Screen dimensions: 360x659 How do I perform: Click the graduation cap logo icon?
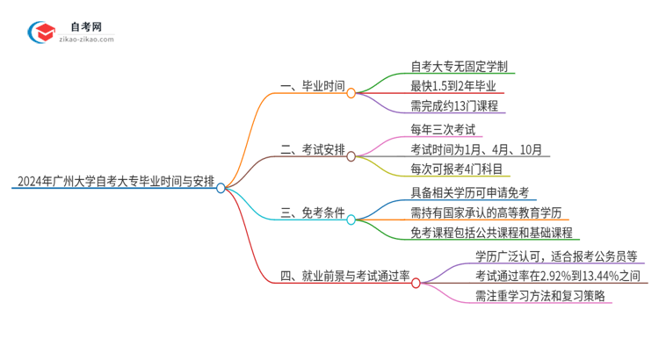click(41, 33)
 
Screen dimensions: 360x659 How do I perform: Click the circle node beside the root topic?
click(221, 187)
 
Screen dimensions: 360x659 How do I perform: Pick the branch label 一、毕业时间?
click(312, 87)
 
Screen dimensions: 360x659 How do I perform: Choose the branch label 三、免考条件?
click(312, 213)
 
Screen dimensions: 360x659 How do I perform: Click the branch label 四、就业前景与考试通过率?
click(344, 277)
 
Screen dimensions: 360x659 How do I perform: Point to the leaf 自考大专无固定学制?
click(458, 66)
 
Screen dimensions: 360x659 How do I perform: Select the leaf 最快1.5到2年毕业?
click(453, 86)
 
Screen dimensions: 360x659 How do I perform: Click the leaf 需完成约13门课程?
click(453, 106)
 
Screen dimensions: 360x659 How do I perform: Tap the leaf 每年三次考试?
click(445, 129)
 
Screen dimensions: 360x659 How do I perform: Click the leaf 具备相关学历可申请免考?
click(468, 193)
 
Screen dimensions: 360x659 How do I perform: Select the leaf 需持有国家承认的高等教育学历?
click(484, 212)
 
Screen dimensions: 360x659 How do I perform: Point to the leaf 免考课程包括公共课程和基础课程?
click(490, 233)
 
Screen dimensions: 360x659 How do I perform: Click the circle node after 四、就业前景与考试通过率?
click(416, 283)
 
